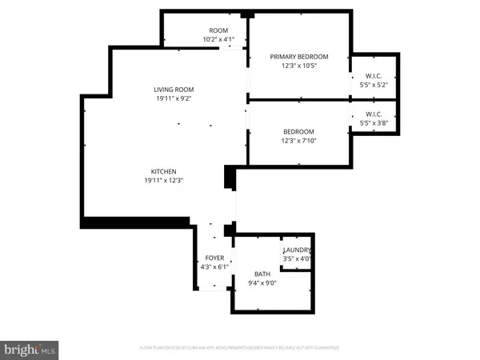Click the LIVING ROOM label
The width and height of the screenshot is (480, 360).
click(x=174, y=90)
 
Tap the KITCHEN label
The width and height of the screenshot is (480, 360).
click(x=164, y=171)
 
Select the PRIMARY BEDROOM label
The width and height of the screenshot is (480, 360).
click(x=298, y=56)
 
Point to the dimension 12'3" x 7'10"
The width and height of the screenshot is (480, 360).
click(x=298, y=141)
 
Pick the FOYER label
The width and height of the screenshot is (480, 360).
click(x=214, y=258)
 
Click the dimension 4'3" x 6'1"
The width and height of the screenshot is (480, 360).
click(x=214, y=266)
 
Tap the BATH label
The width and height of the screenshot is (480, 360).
click(x=263, y=274)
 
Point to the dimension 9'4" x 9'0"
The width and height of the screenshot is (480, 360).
click(x=263, y=283)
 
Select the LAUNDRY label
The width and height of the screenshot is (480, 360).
click(x=297, y=250)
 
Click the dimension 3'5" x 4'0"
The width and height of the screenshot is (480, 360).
click(x=297, y=259)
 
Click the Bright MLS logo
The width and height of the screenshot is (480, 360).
click(x=31, y=349)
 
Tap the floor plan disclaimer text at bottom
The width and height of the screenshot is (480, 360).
click(x=239, y=348)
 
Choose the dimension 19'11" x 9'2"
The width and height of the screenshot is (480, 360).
click(x=174, y=99)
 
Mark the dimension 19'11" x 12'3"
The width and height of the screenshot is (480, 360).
click(x=164, y=181)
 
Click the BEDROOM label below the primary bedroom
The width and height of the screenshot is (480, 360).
click(x=298, y=131)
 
